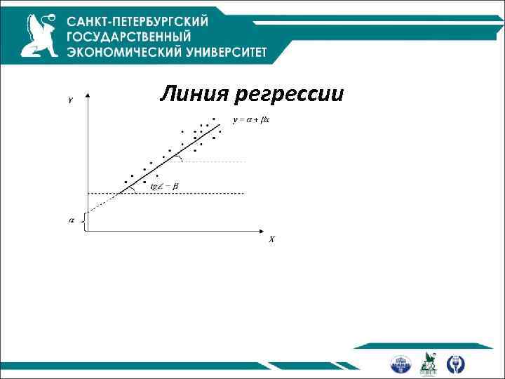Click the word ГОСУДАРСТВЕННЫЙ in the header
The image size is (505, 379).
129,36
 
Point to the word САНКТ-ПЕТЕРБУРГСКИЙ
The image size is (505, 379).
138,20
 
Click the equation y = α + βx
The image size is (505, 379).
251,119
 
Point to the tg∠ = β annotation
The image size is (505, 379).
165,185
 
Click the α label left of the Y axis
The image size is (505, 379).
71,220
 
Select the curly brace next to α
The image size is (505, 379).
83,221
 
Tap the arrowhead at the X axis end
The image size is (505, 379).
262,231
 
